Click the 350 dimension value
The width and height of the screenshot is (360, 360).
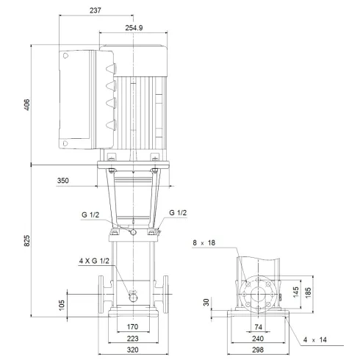click(64, 179)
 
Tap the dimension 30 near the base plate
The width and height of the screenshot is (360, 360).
click(207, 302)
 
